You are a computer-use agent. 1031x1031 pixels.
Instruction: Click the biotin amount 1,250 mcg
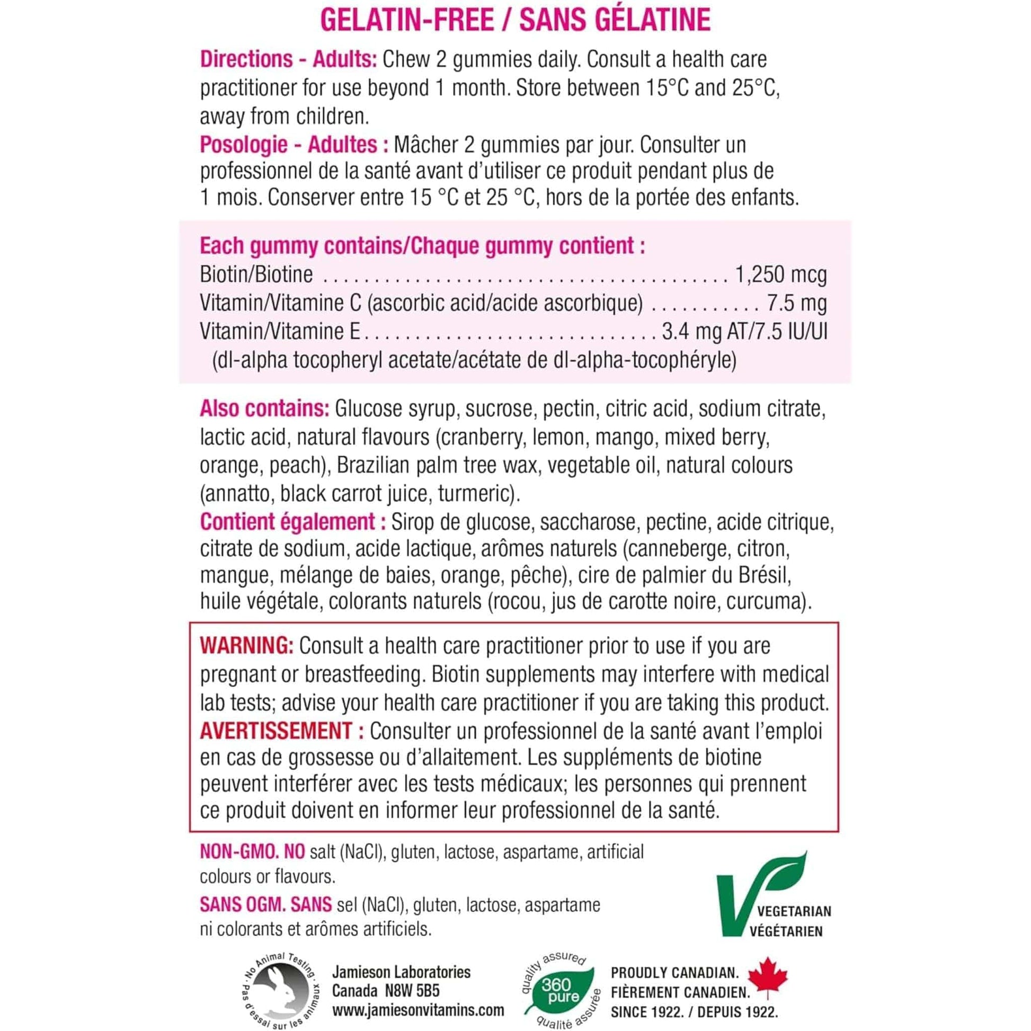781,275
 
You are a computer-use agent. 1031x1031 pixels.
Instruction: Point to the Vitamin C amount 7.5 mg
797,303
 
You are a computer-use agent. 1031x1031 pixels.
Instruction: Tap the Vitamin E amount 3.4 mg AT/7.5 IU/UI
744,332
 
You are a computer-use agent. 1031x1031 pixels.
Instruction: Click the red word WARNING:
246,646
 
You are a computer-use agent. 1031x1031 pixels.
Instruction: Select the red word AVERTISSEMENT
276,731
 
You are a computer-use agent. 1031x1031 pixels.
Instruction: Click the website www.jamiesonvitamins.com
418,1010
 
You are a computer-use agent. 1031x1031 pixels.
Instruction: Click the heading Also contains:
265,409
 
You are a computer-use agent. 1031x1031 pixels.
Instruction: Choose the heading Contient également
289,522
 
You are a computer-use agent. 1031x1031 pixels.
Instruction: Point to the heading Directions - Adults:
289,59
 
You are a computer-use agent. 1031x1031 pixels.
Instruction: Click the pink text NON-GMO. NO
252,852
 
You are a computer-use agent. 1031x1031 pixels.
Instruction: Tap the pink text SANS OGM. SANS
266,904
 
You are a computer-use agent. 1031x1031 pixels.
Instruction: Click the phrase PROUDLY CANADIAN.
674,972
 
